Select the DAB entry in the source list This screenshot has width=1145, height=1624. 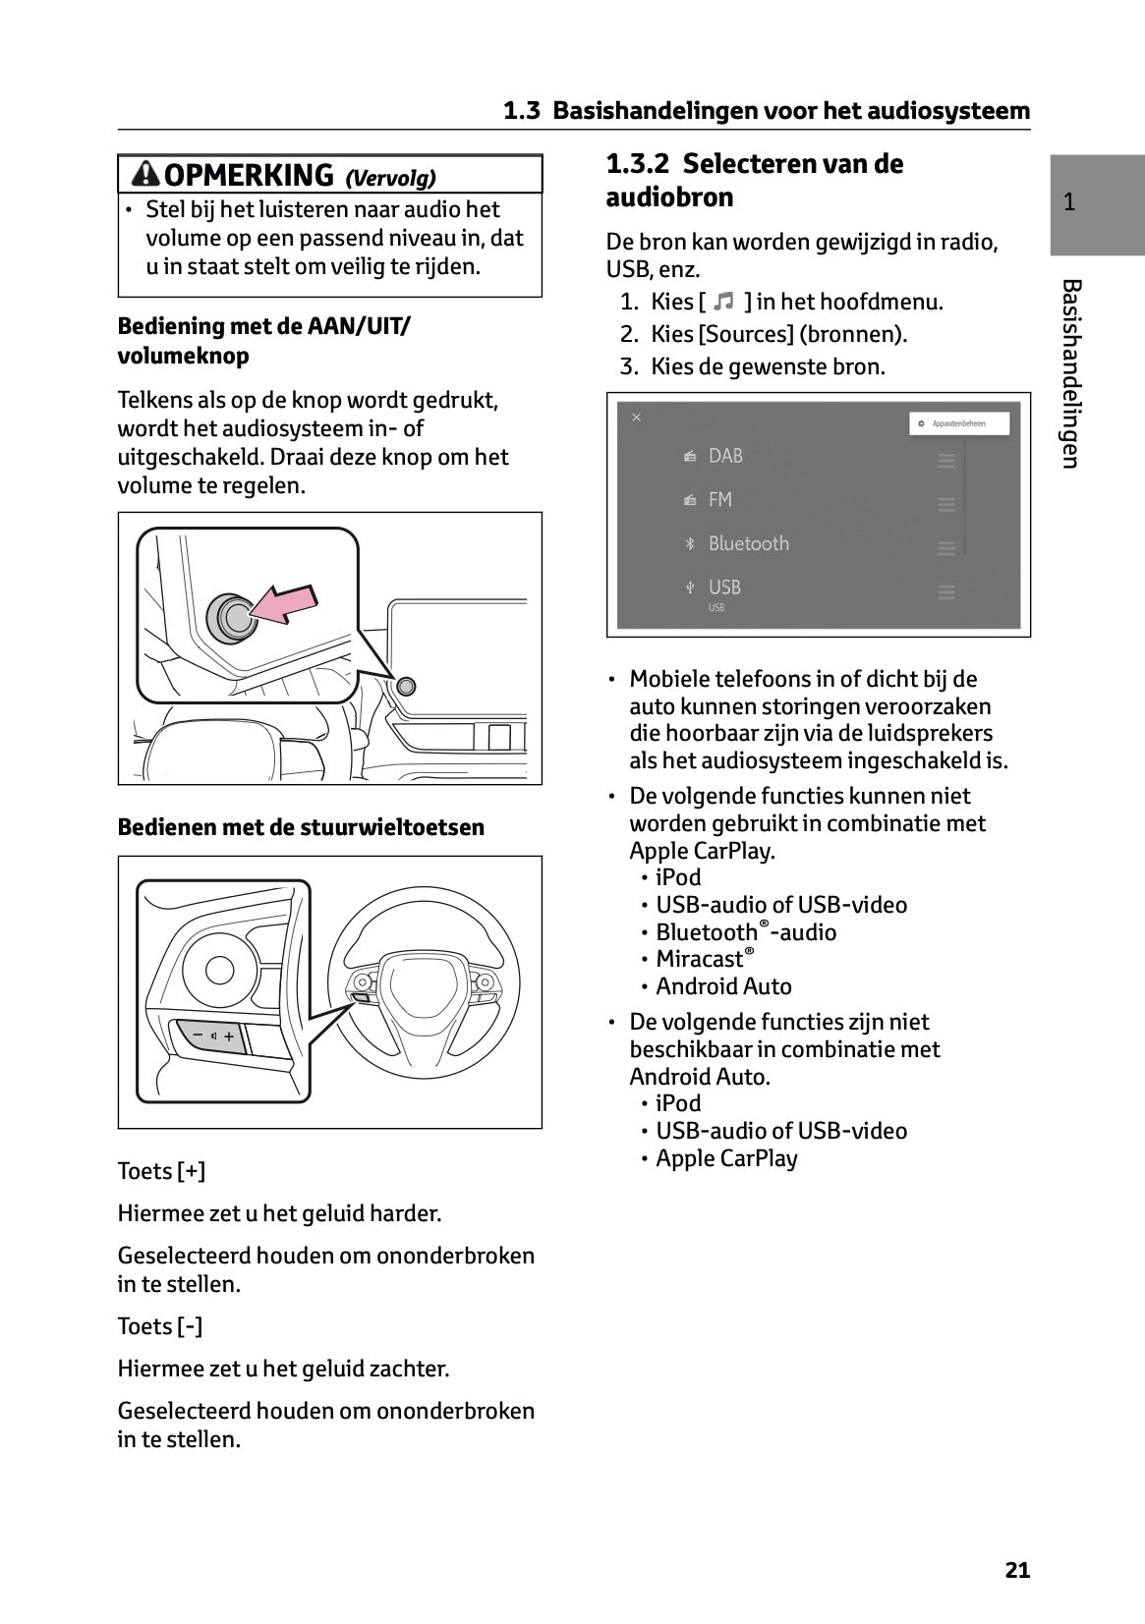pyautogui.click(x=725, y=456)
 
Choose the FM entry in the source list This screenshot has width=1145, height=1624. pyautogui.click(x=719, y=500)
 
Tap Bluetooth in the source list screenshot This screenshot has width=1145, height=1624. pyautogui.click(x=748, y=543)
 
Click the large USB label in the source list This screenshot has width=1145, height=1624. pyautogui.click(x=724, y=587)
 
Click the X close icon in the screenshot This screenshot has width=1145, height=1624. pyautogui.click(x=636, y=418)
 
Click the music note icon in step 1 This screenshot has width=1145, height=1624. pyautogui.click(x=724, y=302)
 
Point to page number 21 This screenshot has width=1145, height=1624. pyautogui.click(x=1017, y=1570)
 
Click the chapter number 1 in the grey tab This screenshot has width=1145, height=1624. pyautogui.click(x=1069, y=203)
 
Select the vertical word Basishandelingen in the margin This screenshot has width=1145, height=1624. pyautogui.click(x=1071, y=373)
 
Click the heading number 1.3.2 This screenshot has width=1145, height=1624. pyautogui.click(x=638, y=163)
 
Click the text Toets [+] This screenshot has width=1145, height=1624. pyautogui.click(x=161, y=1171)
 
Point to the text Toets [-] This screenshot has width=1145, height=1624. pyautogui.click(x=159, y=1326)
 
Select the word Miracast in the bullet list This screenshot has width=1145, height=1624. pyautogui.click(x=699, y=959)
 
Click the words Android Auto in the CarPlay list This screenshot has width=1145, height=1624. pyautogui.click(x=723, y=986)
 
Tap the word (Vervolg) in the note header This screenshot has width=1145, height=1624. pyautogui.click(x=390, y=177)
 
